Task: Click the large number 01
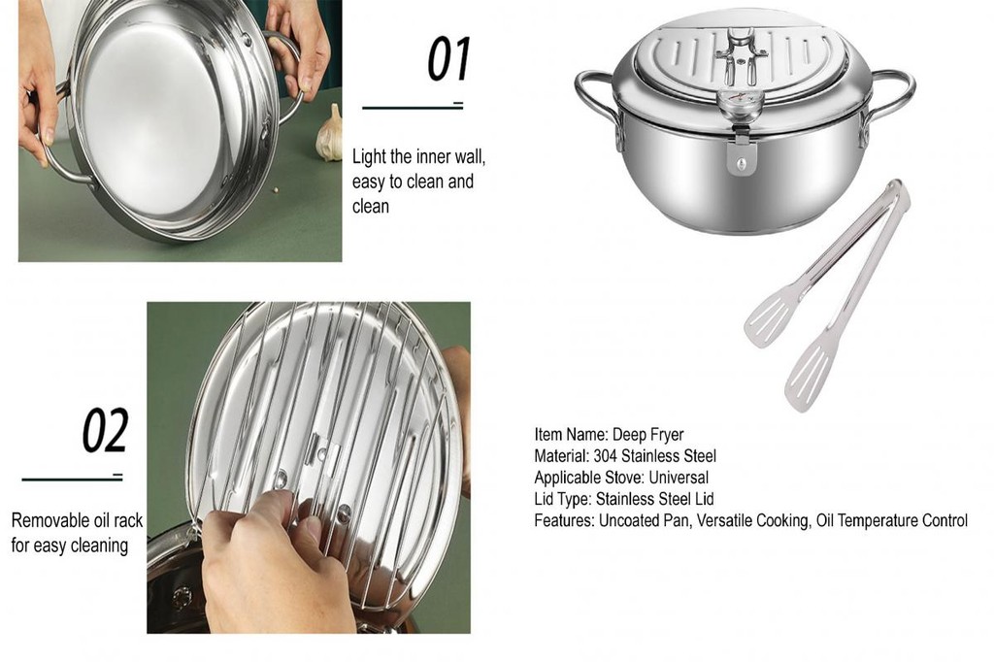click(x=448, y=59)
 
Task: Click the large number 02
click(x=105, y=432)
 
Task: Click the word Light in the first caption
click(x=369, y=157)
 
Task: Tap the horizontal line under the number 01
click(x=413, y=107)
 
